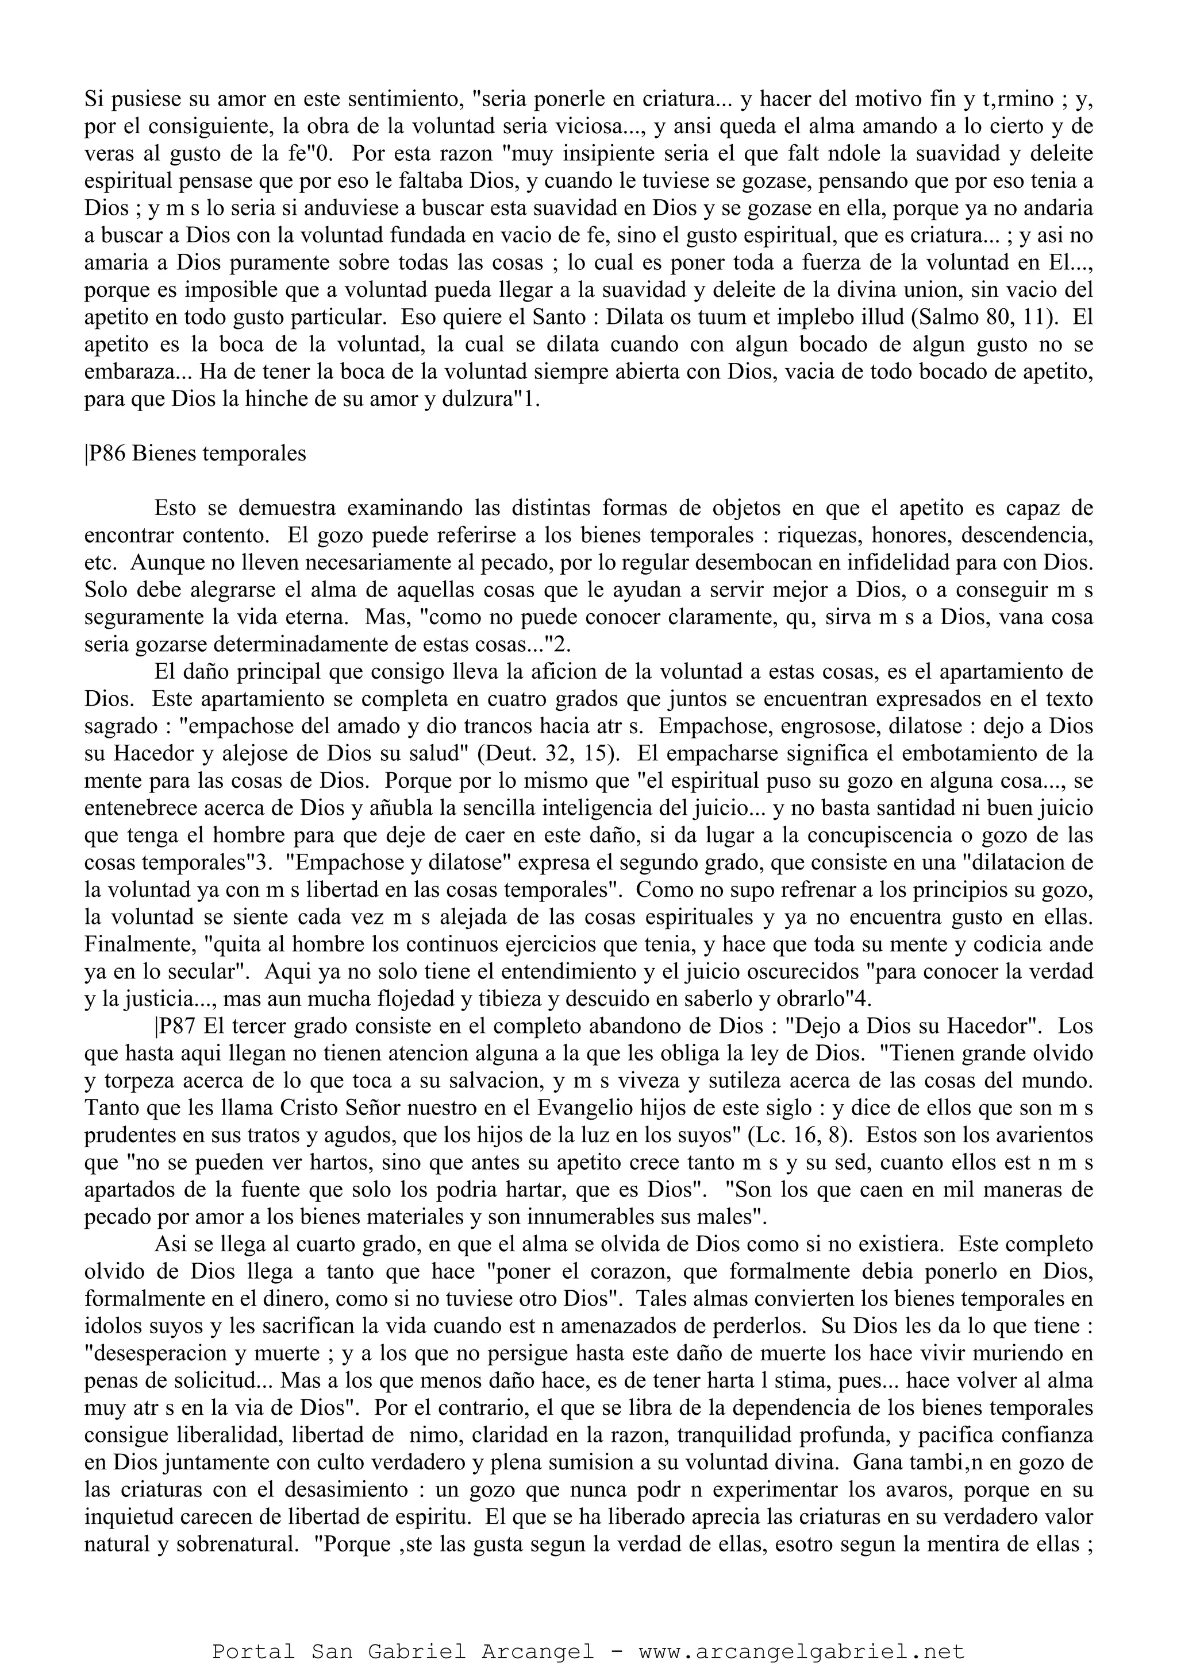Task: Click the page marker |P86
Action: tap(106, 454)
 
